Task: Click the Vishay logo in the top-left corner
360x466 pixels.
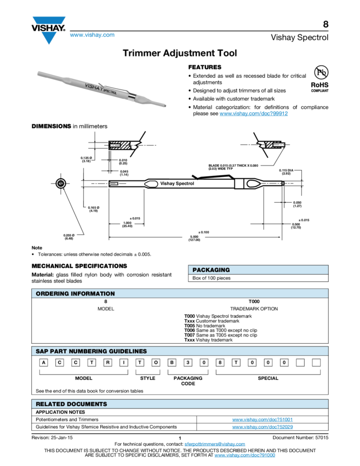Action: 49,30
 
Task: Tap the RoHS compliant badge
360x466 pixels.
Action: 320,87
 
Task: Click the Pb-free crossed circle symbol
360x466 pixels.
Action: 320,73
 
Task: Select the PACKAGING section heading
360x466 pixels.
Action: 211,270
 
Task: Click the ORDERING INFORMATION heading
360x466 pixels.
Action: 75,293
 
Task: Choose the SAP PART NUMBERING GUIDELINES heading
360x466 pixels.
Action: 91,351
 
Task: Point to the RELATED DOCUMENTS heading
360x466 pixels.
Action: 71,404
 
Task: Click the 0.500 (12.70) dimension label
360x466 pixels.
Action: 295,225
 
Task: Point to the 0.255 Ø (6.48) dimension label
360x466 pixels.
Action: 69,237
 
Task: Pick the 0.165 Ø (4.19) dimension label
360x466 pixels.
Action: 93,208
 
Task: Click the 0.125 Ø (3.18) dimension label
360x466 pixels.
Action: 87,160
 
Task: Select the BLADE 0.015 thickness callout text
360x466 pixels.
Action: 233,167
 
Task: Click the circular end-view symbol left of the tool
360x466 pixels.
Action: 61,183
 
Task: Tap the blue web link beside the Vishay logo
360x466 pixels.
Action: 92,35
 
